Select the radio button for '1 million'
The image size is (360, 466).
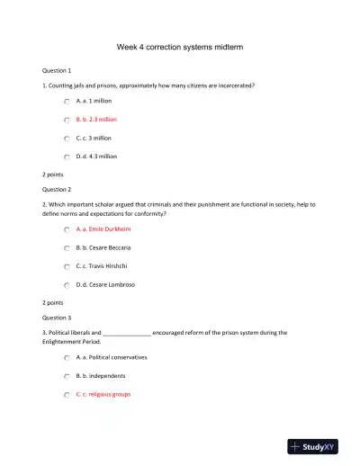tap(67, 102)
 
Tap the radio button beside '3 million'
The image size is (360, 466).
tap(67, 139)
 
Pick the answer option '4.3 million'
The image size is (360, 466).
tap(96, 156)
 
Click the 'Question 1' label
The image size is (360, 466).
tap(57, 69)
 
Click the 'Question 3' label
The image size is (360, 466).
tap(57, 318)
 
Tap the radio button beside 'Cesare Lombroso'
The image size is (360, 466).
tap(67, 284)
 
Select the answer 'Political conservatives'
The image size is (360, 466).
tap(112, 357)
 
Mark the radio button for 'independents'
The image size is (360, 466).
tap(67, 376)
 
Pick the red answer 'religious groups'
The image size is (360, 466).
tap(103, 394)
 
